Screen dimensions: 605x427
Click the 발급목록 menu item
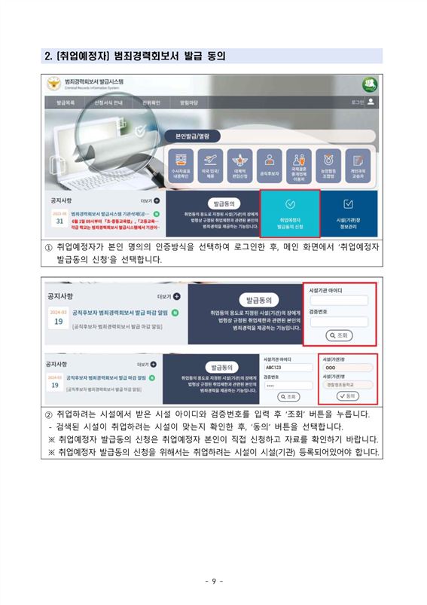click(66, 102)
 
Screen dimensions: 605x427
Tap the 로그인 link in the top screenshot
click(358, 102)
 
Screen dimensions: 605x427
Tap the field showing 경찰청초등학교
click(347, 384)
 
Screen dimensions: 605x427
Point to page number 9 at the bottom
click(213, 580)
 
